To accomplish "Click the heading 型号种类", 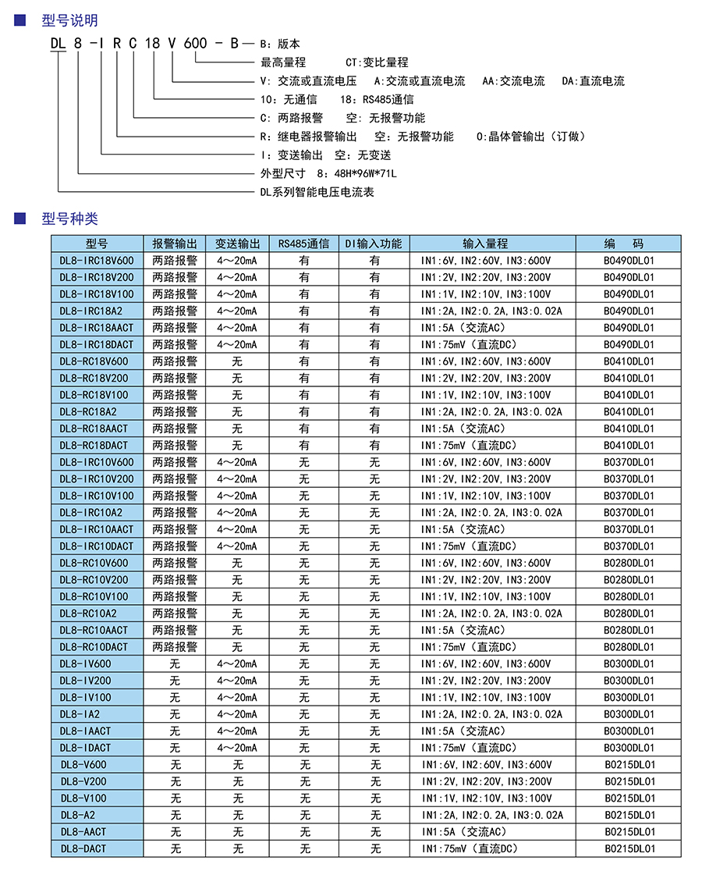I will [x=69, y=219].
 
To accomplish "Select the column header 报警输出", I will [x=175, y=244].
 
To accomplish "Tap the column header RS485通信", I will [x=303, y=244].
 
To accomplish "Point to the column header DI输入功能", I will [x=374, y=244].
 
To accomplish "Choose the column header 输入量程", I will [x=484, y=244].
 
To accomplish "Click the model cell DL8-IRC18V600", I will [x=97, y=261].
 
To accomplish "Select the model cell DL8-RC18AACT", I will [x=97, y=429].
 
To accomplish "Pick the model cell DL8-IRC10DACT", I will [x=97, y=546].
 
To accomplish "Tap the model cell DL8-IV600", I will [x=97, y=664].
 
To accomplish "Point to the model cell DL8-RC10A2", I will [x=97, y=614].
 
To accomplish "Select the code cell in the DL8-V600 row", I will [x=629, y=765].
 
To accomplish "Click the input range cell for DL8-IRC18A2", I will [x=491, y=311].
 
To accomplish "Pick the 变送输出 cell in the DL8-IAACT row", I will [x=237, y=731].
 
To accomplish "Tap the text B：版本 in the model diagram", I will [x=279, y=44].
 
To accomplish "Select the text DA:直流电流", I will [x=593, y=81].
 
